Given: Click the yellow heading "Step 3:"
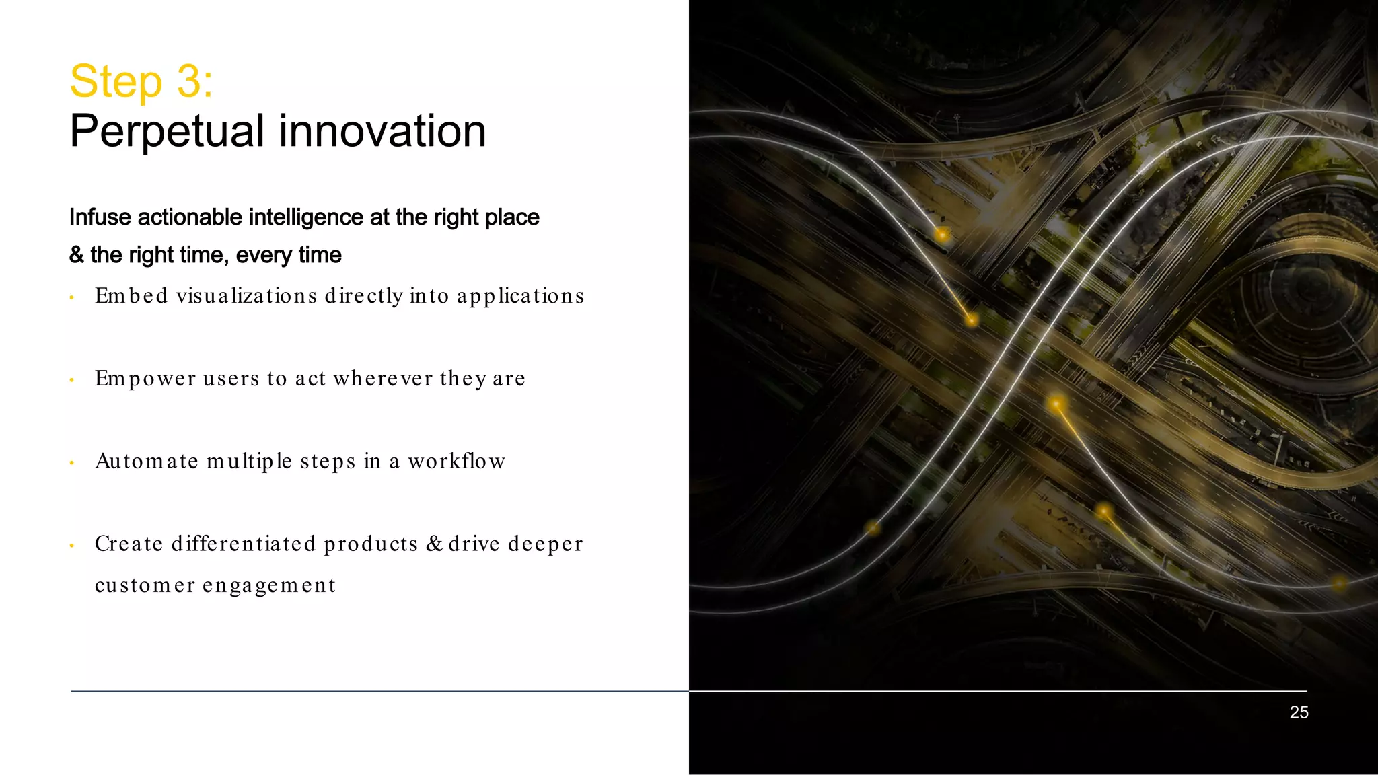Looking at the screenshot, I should pyautogui.click(x=141, y=81).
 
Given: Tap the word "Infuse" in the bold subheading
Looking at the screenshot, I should pyautogui.click(x=100, y=217).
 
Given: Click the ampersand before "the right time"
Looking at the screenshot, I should pyautogui.click(x=77, y=255).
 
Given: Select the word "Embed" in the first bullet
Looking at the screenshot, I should pyautogui.click(x=131, y=296).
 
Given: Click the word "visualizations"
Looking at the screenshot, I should pyautogui.click(x=246, y=296).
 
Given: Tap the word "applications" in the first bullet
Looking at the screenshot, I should pyautogui.click(x=520, y=296).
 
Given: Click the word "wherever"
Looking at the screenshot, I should pyautogui.click(x=383, y=379).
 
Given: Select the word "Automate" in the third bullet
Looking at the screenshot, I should pyautogui.click(x=147, y=462).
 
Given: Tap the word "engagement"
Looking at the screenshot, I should pyautogui.click(x=269, y=585).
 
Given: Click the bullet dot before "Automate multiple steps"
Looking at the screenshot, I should pyautogui.click(x=71, y=463).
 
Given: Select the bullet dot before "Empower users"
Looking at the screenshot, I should pyautogui.click(x=71, y=380).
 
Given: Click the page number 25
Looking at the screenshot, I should pyautogui.click(x=1299, y=712).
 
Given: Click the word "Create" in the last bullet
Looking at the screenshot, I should pyautogui.click(x=129, y=544).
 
